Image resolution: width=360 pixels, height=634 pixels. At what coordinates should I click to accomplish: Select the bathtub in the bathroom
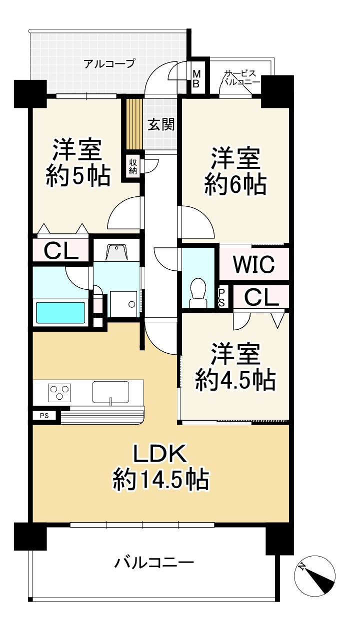(60, 312)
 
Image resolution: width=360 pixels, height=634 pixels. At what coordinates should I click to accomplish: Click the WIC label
(253, 264)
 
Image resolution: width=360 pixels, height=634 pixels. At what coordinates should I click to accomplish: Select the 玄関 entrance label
(160, 124)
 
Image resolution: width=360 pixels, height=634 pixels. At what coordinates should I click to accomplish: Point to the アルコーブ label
(109, 63)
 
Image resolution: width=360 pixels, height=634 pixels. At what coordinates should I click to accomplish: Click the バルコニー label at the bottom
(154, 564)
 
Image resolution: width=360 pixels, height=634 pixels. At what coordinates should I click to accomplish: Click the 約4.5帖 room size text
(234, 381)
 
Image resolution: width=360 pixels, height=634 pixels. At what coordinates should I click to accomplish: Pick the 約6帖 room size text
(234, 185)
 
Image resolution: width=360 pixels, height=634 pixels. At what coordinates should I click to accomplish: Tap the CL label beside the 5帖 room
(61, 251)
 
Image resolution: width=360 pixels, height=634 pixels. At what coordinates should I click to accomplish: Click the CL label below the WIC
(261, 298)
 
